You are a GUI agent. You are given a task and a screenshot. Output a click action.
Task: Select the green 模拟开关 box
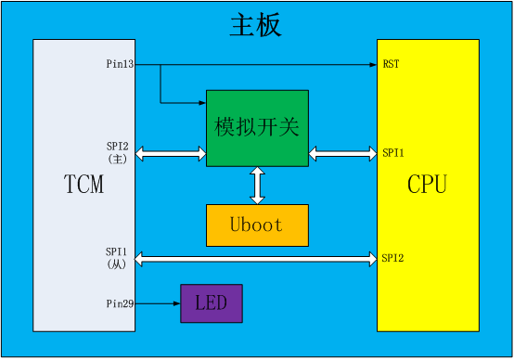coord(257,128)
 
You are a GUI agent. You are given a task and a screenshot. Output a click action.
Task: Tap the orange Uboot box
coord(256,225)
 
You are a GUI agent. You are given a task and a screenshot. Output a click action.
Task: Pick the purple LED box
coord(211,303)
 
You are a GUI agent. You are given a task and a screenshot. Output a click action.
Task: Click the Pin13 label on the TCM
coord(121,65)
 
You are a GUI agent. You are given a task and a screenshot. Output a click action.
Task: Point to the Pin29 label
coord(121,303)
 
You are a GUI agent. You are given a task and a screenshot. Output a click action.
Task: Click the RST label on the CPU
coord(391,65)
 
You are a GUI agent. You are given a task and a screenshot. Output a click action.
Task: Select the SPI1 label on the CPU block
coord(392,152)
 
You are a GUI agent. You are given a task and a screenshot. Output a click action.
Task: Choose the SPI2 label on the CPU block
coord(392,256)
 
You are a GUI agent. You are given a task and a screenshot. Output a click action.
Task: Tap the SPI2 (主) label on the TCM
coord(118,152)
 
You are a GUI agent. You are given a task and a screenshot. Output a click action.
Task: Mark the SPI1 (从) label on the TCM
coord(118,258)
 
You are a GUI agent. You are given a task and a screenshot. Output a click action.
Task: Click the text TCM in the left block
coord(84,185)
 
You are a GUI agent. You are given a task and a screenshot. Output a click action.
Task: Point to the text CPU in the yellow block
coord(427,185)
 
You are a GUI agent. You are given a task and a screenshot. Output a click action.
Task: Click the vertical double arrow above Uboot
coord(257,186)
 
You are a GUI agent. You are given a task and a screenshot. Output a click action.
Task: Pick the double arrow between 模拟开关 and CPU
coord(342,152)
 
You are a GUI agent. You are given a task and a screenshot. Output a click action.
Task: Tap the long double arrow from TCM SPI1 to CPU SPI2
coord(256,257)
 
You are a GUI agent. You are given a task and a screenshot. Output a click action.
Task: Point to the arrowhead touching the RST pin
coord(371,65)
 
